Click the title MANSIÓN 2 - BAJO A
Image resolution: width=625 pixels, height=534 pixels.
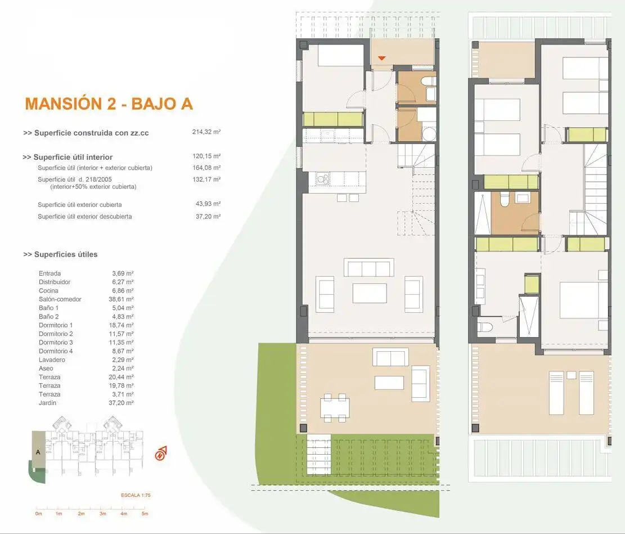pyautogui.click(x=109, y=104)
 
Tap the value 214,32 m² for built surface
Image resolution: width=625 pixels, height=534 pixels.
pyautogui.click(x=206, y=132)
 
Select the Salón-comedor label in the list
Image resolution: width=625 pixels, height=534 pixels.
pyautogui.click(x=60, y=299)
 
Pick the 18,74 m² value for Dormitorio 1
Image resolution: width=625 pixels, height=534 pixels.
pyautogui.click(x=121, y=325)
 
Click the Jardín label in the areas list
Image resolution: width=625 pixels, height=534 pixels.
pyautogui.click(x=47, y=403)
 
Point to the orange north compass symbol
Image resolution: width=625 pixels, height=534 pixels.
pyautogui.click(x=161, y=454)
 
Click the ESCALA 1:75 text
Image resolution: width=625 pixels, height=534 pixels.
pyautogui.click(x=136, y=495)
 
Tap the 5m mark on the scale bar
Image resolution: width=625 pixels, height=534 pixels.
pyautogui.click(x=145, y=514)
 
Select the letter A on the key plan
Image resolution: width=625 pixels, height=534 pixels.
pyautogui.click(x=38, y=452)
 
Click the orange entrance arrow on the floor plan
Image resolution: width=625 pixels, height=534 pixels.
pyautogui.click(x=382, y=59)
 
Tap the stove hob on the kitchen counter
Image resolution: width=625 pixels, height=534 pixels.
pyautogui.click(x=323, y=178)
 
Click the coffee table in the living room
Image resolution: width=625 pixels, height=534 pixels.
pyautogui.click(x=370, y=293)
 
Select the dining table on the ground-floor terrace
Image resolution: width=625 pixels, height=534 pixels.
pyautogui.click(x=335, y=407)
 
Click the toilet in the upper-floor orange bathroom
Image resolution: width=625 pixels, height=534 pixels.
pyautogui.click(x=504, y=199)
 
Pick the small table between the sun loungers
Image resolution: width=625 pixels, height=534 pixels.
pyautogui.click(x=571, y=375)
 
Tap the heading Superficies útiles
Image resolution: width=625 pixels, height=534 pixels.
pyautogui.click(x=61, y=254)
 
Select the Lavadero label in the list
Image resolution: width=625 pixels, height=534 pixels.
pyautogui.click(x=52, y=360)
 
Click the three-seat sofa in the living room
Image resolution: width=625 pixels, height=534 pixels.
pyautogui.click(x=368, y=268)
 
